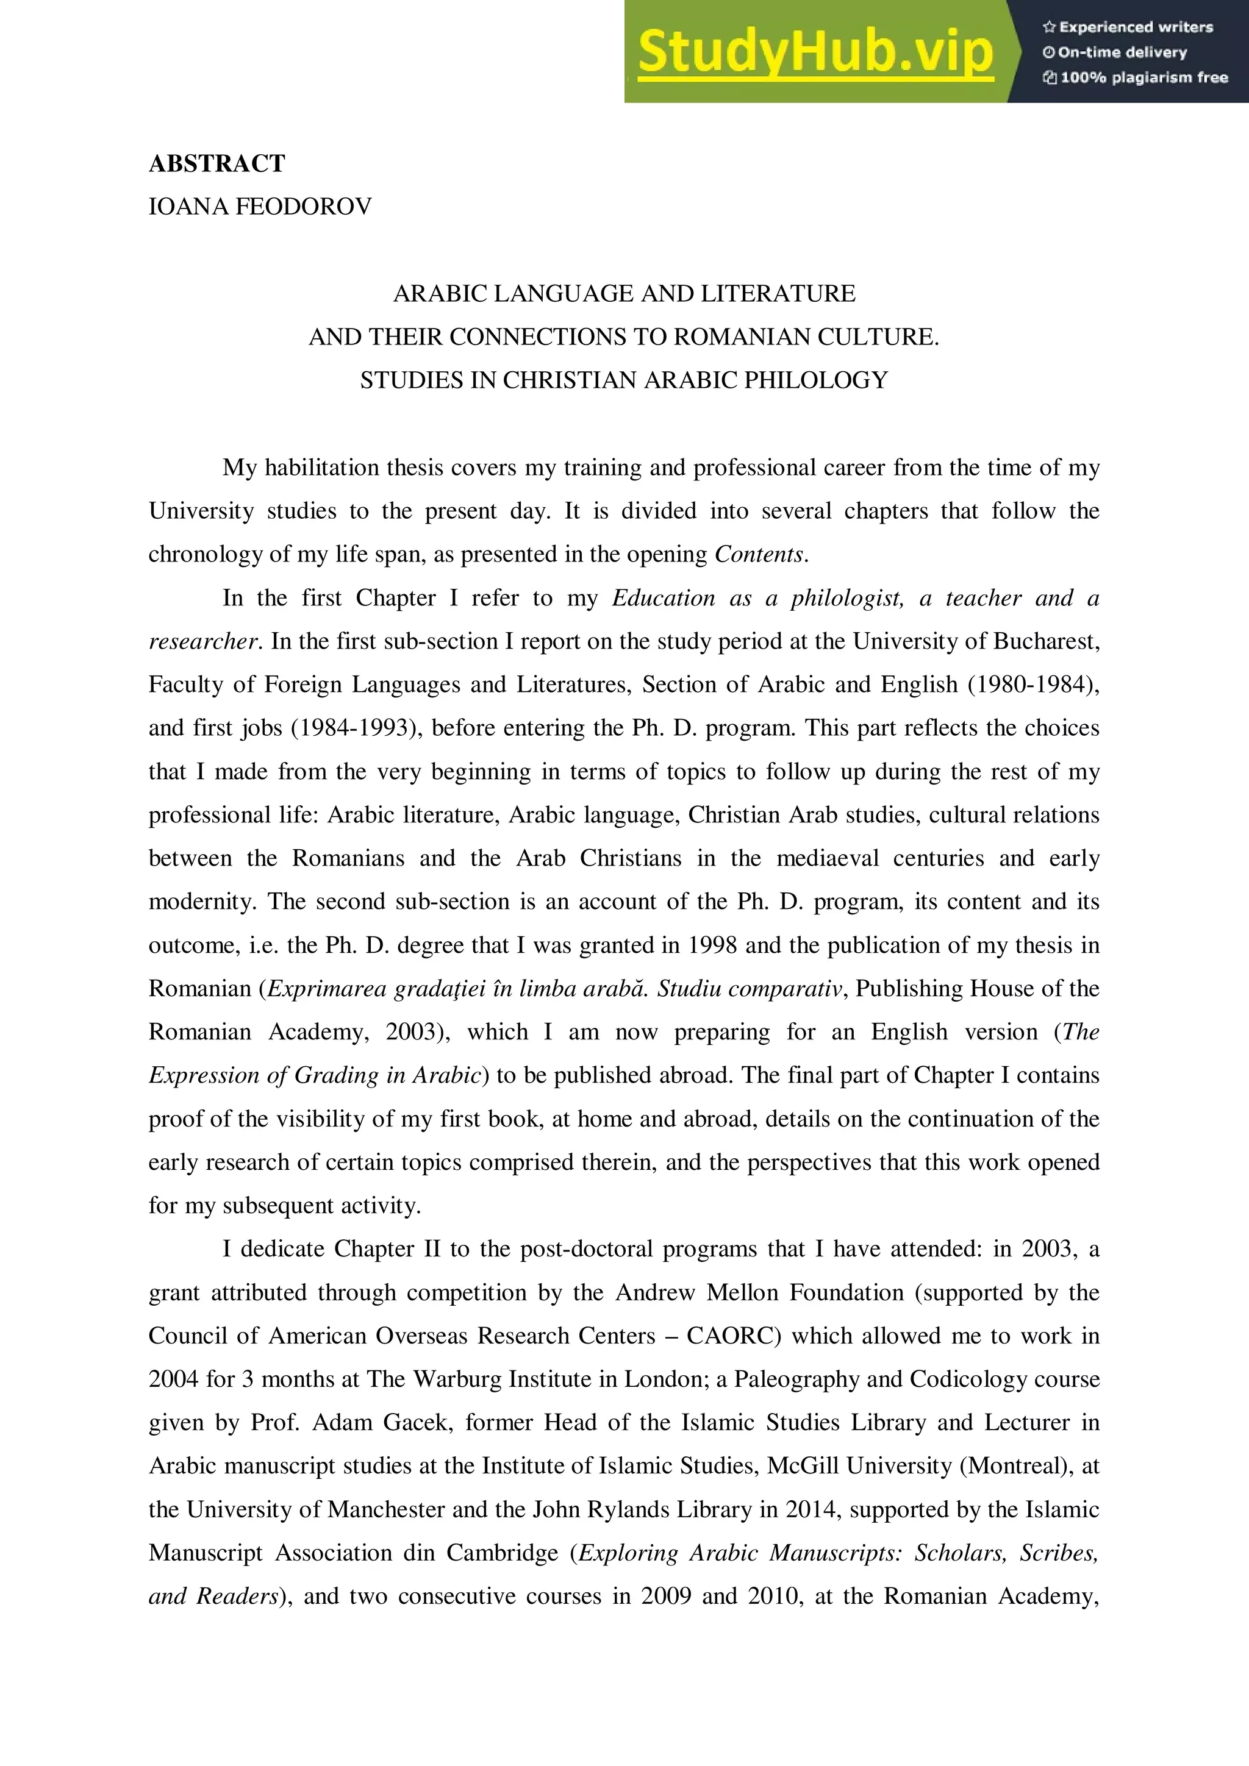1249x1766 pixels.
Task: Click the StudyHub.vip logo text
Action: coord(816,52)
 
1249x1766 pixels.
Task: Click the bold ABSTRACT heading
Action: coord(217,164)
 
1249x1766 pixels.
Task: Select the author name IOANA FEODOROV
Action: coord(260,207)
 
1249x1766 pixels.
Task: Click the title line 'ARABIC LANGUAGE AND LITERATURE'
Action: coord(624,294)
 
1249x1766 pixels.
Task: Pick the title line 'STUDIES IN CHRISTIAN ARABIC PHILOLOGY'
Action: coord(624,381)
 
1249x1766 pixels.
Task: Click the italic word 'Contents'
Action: coord(759,555)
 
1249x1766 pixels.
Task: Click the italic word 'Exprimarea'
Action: coord(326,988)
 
